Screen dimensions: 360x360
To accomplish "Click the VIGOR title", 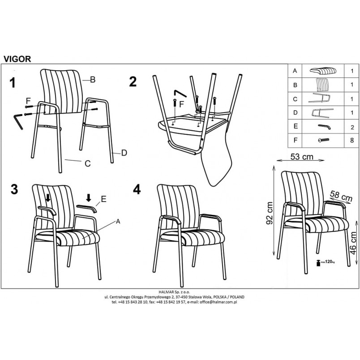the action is click(17, 59).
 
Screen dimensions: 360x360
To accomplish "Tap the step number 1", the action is click(13, 83).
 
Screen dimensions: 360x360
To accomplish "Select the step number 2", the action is click(133, 81).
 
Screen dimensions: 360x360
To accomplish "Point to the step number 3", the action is click(14, 189).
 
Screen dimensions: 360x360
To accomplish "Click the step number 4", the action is click(137, 189).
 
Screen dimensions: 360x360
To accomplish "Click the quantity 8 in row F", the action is click(352, 140).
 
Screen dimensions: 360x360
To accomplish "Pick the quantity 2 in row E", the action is click(352, 127).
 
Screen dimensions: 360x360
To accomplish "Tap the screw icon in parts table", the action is click(323, 140).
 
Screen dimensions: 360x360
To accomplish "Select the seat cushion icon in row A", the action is click(323, 71).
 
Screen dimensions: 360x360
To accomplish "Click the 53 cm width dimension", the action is click(301, 157).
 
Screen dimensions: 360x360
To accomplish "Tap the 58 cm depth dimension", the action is click(341, 196).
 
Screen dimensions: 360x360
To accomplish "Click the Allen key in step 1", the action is click(18, 121).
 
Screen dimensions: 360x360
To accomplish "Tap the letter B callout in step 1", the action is click(93, 80).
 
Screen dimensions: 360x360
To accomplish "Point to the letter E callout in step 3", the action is click(104, 199).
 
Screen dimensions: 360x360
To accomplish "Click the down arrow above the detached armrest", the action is click(89, 197).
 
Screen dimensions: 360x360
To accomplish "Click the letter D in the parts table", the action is click(295, 112).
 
